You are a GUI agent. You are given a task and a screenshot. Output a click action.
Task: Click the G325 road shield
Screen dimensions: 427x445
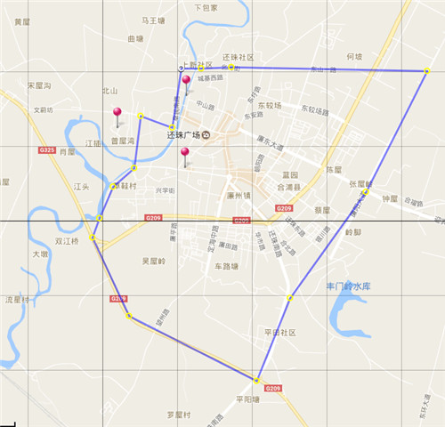(47, 150)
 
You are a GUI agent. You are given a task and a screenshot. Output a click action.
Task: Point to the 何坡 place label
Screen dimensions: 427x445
(353, 56)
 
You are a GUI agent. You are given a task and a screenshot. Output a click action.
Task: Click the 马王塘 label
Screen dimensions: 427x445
(154, 19)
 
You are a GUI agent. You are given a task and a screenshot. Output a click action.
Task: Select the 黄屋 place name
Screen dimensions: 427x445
(23, 21)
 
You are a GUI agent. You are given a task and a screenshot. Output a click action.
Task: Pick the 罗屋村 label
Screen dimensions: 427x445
(178, 415)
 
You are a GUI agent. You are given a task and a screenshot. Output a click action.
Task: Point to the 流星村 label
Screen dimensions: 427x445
(17, 299)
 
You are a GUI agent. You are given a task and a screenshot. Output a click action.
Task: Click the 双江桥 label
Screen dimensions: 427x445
(67, 241)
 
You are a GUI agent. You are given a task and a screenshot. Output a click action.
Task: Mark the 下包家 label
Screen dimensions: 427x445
(206, 7)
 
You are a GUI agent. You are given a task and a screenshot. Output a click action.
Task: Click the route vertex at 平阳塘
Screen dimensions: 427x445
(257, 381)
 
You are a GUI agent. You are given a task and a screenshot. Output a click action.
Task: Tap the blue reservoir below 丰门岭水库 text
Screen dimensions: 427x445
(347, 316)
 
